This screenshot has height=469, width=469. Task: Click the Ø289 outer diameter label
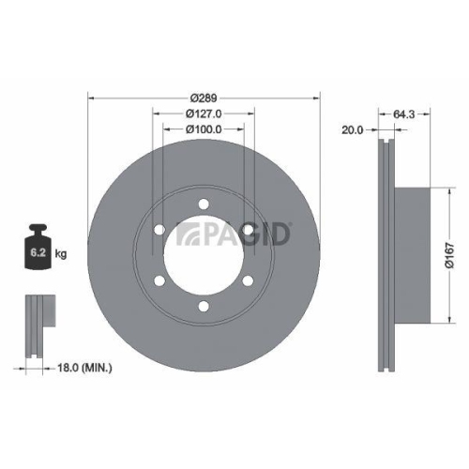coord(204,98)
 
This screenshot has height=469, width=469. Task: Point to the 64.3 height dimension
coord(405,113)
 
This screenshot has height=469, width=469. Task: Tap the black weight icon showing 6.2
coord(40,248)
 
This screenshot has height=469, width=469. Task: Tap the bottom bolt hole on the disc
coord(204,302)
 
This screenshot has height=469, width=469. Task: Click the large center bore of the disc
coord(204,252)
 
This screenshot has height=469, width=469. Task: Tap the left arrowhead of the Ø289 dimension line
coord(90,98)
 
